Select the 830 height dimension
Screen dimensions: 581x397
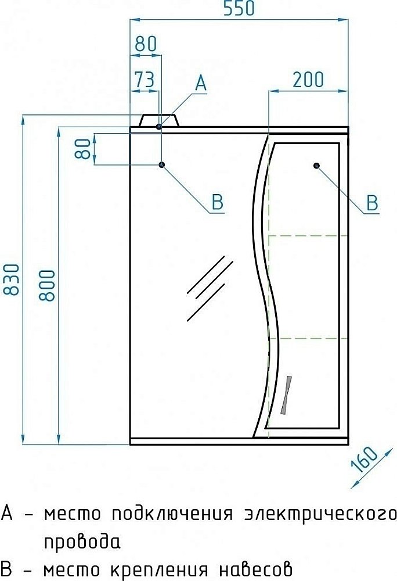pyautogui.click(x=12, y=280)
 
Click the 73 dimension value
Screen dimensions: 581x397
pyautogui.click(x=145, y=80)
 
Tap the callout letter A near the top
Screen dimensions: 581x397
pyautogui.click(x=200, y=83)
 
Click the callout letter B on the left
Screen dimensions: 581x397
pyautogui.click(x=216, y=202)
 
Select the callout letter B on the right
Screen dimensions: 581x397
pyautogui.click(x=371, y=203)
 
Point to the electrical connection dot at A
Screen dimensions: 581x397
pyautogui.click(x=159, y=125)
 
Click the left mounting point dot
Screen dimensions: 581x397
pyautogui.click(x=161, y=165)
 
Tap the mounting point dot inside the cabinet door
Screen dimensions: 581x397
pyautogui.click(x=317, y=166)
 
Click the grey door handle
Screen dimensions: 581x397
pyautogui.click(x=287, y=395)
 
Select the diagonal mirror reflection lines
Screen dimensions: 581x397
pyautogui.click(x=209, y=288)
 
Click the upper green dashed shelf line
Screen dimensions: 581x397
pyautogui.click(x=308, y=236)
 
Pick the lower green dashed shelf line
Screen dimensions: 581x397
pyautogui.click(x=308, y=337)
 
